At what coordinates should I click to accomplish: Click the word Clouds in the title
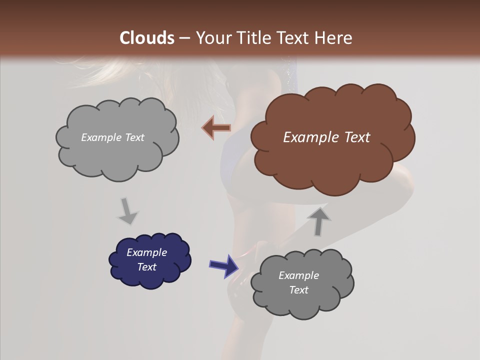click(x=147, y=38)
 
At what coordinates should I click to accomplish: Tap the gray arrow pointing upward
click(x=318, y=221)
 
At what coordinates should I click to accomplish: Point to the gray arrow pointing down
click(x=127, y=210)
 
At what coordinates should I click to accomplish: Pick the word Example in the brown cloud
click(x=309, y=137)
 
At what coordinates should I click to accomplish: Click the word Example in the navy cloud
click(x=146, y=252)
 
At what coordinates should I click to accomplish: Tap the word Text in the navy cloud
click(x=146, y=267)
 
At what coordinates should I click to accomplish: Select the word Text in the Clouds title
click(x=295, y=38)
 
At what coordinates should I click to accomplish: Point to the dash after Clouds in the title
click(x=184, y=38)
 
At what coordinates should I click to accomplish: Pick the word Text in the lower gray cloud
click(x=298, y=290)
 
